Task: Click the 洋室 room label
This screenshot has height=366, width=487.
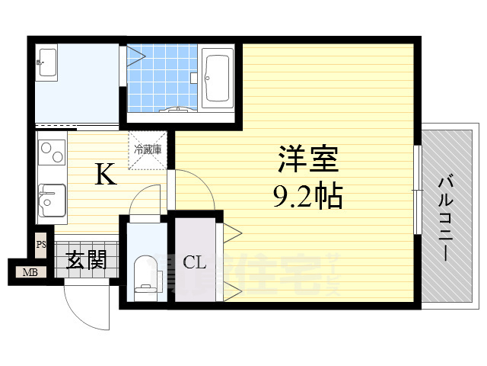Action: (x=308, y=162)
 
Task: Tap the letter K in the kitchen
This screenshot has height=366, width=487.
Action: (x=105, y=176)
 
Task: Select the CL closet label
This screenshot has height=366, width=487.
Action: (x=195, y=263)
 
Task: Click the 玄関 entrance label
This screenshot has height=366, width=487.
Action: (x=85, y=261)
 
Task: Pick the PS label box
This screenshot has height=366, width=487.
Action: (x=40, y=245)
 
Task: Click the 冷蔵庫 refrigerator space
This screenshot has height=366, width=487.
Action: (x=147, y=149)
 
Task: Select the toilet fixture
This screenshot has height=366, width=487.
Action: (x=145, y=274)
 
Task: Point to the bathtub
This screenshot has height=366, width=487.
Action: (x=218, y=78)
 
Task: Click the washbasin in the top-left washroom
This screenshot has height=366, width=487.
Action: (x=46, y=63)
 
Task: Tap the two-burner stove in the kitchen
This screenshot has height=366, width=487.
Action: (x=51, y=156)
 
